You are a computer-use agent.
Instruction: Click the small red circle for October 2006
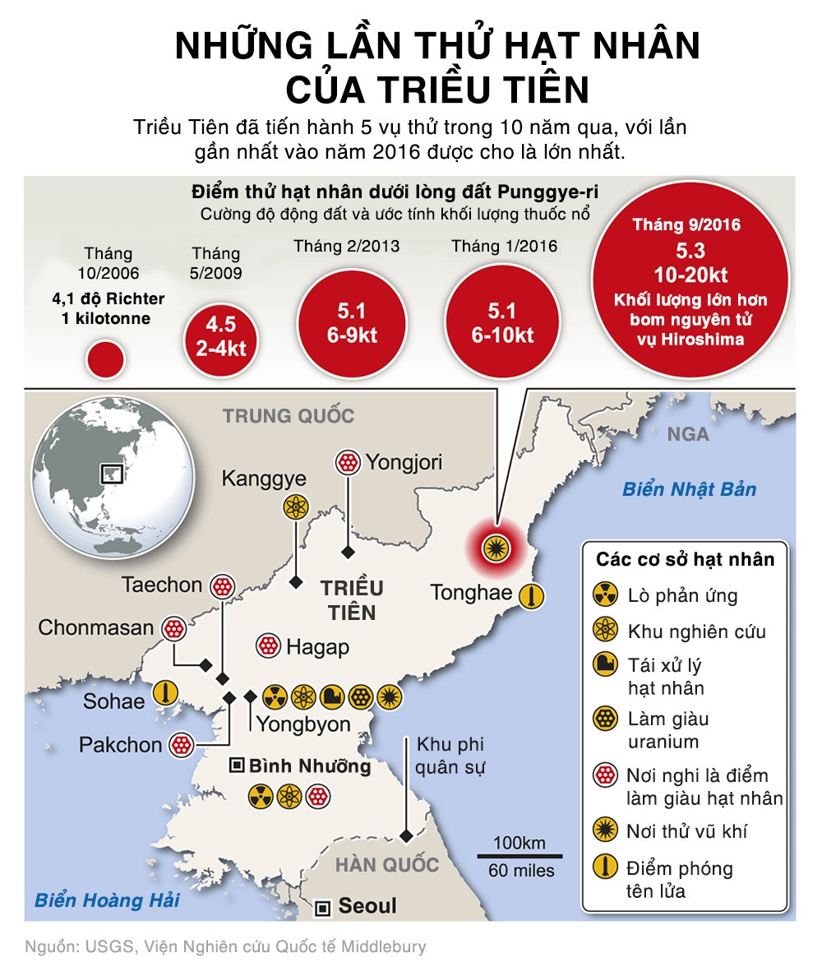click(105, 360)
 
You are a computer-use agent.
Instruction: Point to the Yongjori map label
click(404, 462)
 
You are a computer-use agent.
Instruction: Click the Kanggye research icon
click(294, 507)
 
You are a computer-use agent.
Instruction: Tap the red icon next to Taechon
click(223, 586)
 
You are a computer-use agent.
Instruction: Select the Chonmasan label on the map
click(96, 628)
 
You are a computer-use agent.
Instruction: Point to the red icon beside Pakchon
click(181, 746)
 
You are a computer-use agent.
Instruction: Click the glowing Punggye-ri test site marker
click(495, 544)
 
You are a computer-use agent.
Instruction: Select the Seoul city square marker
click(324, 907)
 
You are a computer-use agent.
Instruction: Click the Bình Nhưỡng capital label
click(310, 766)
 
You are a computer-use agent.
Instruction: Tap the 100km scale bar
click(520, 855)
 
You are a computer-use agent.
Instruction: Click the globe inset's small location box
click(110, 474)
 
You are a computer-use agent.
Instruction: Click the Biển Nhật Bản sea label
click(689, 489)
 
